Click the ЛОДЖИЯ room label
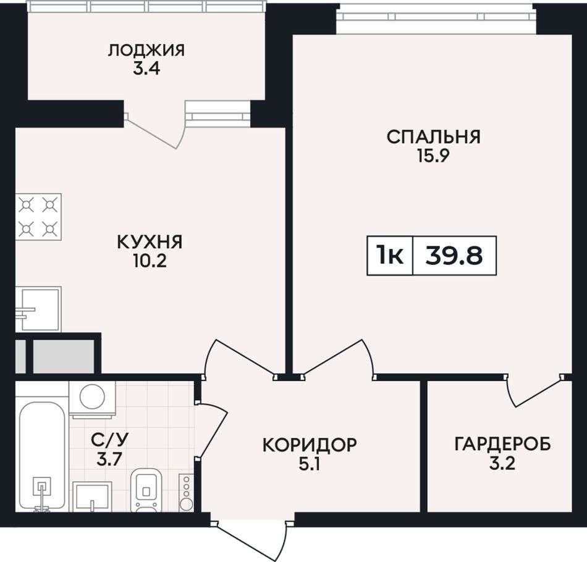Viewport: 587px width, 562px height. (146, 50)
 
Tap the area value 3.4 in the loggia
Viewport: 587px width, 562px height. (146, 69)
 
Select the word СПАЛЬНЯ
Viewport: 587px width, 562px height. (434, 137)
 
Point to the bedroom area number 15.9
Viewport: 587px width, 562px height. (433, 156)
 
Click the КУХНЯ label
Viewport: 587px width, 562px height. (150, 242)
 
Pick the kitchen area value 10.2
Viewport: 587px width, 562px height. (150, 261)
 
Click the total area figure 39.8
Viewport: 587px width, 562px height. (454, 256)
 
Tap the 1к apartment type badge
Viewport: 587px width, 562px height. (390, 256)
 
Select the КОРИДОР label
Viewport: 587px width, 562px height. (310, 445)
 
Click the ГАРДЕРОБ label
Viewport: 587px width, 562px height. (503, 445)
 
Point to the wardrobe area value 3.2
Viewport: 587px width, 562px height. (502, 464)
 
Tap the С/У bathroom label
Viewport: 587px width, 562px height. (110, 440)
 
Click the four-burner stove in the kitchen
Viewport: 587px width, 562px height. (38, 217)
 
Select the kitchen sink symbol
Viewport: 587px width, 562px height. (38, 309)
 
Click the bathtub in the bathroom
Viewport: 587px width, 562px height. (41, 456)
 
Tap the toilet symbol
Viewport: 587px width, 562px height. (146, 490)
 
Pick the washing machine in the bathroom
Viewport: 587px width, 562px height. (92, 399)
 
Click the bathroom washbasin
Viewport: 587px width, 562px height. (92, 497)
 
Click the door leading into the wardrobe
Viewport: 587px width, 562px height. (533, 390)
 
